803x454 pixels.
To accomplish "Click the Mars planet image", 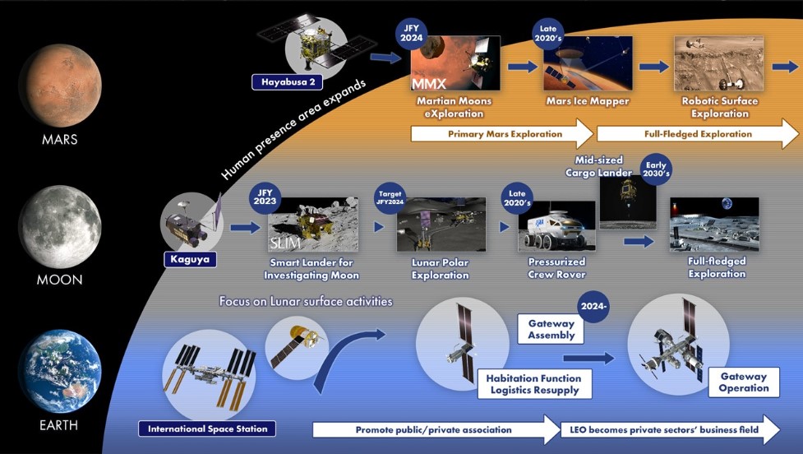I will pos(59,85).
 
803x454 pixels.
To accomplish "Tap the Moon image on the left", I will pos(59,225).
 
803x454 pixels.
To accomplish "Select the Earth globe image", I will pos(59,370).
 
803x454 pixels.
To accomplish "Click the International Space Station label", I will pos(206,429).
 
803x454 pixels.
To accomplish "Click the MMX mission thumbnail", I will pos(456,63).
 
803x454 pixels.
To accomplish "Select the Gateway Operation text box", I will pos(743,382).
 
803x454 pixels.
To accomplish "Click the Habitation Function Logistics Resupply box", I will pos(534,384).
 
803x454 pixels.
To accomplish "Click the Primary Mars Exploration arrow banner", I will pos(501,133).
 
